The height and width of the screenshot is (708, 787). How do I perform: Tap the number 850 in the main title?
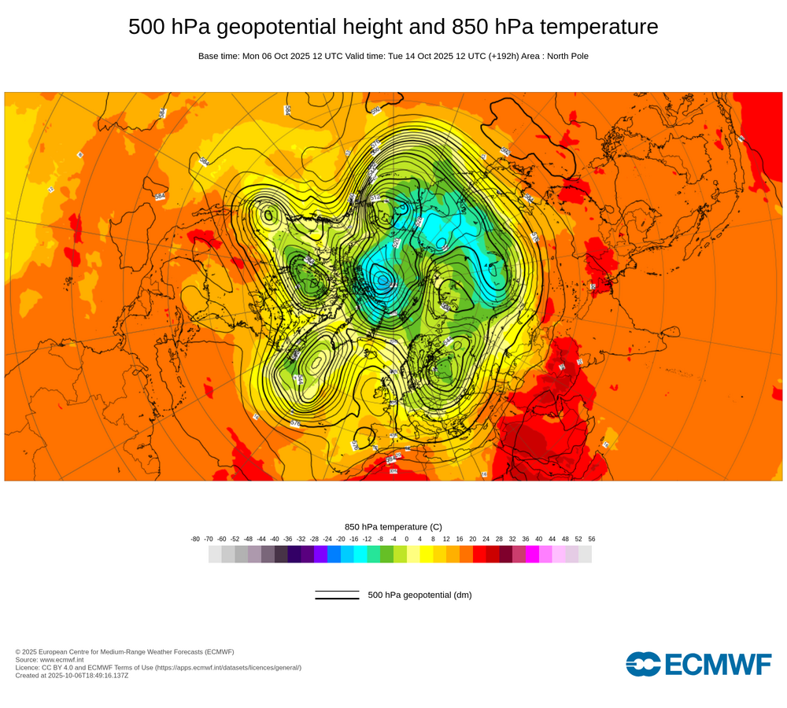470,27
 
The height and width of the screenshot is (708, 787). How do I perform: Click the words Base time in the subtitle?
218,56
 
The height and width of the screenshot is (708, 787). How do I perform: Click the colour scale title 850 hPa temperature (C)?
393,526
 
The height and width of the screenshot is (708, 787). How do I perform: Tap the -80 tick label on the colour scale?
195,539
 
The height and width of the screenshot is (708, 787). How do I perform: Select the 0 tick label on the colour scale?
407,539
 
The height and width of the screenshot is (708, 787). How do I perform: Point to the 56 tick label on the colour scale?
592,539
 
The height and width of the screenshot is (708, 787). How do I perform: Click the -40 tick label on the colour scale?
275,539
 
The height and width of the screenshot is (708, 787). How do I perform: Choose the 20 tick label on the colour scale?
473,539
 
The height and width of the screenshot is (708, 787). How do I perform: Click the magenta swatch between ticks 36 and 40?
532,554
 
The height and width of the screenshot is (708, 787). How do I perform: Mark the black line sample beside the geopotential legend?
337,596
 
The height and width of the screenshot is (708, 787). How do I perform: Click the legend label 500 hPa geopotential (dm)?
419,596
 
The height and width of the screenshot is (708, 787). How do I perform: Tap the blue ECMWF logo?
698,664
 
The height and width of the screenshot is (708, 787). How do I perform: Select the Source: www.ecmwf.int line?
52,659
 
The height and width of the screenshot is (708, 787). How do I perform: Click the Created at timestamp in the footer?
72,675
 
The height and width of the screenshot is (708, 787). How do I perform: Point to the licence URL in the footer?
227,667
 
